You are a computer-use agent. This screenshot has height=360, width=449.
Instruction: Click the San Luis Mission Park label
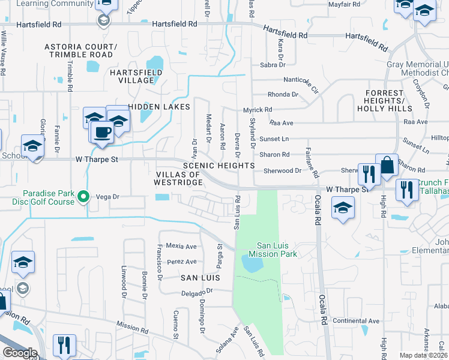coord(277,250)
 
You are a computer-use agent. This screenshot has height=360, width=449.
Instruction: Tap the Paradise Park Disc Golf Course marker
coord(85,196)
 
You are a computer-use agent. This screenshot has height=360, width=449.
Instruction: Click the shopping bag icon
coord(387,166)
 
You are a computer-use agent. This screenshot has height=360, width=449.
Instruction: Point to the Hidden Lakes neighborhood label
coord(158,106)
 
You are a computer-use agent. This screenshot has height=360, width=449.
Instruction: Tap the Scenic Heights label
coord(219,165)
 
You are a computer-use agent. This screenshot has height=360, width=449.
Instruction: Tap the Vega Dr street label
coord(109,196)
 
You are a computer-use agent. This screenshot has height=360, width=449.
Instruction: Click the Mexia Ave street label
coord(181,246)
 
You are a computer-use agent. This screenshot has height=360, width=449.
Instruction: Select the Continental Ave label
coord(357,321)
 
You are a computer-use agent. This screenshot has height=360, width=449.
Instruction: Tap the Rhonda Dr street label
coord(283,94)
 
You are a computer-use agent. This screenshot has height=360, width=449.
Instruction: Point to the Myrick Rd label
coord(258,110)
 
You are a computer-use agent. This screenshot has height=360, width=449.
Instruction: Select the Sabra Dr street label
coord(271,65)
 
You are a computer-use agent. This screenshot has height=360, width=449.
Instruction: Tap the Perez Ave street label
coord(182,262)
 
